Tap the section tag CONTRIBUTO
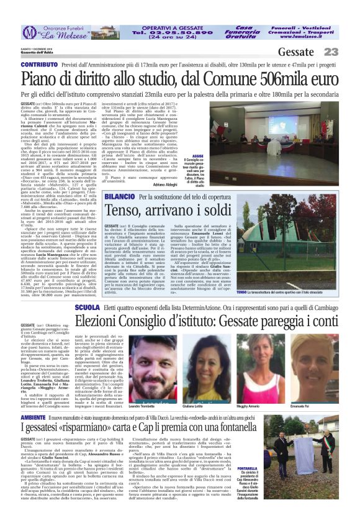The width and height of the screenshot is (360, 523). point(40,64)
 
